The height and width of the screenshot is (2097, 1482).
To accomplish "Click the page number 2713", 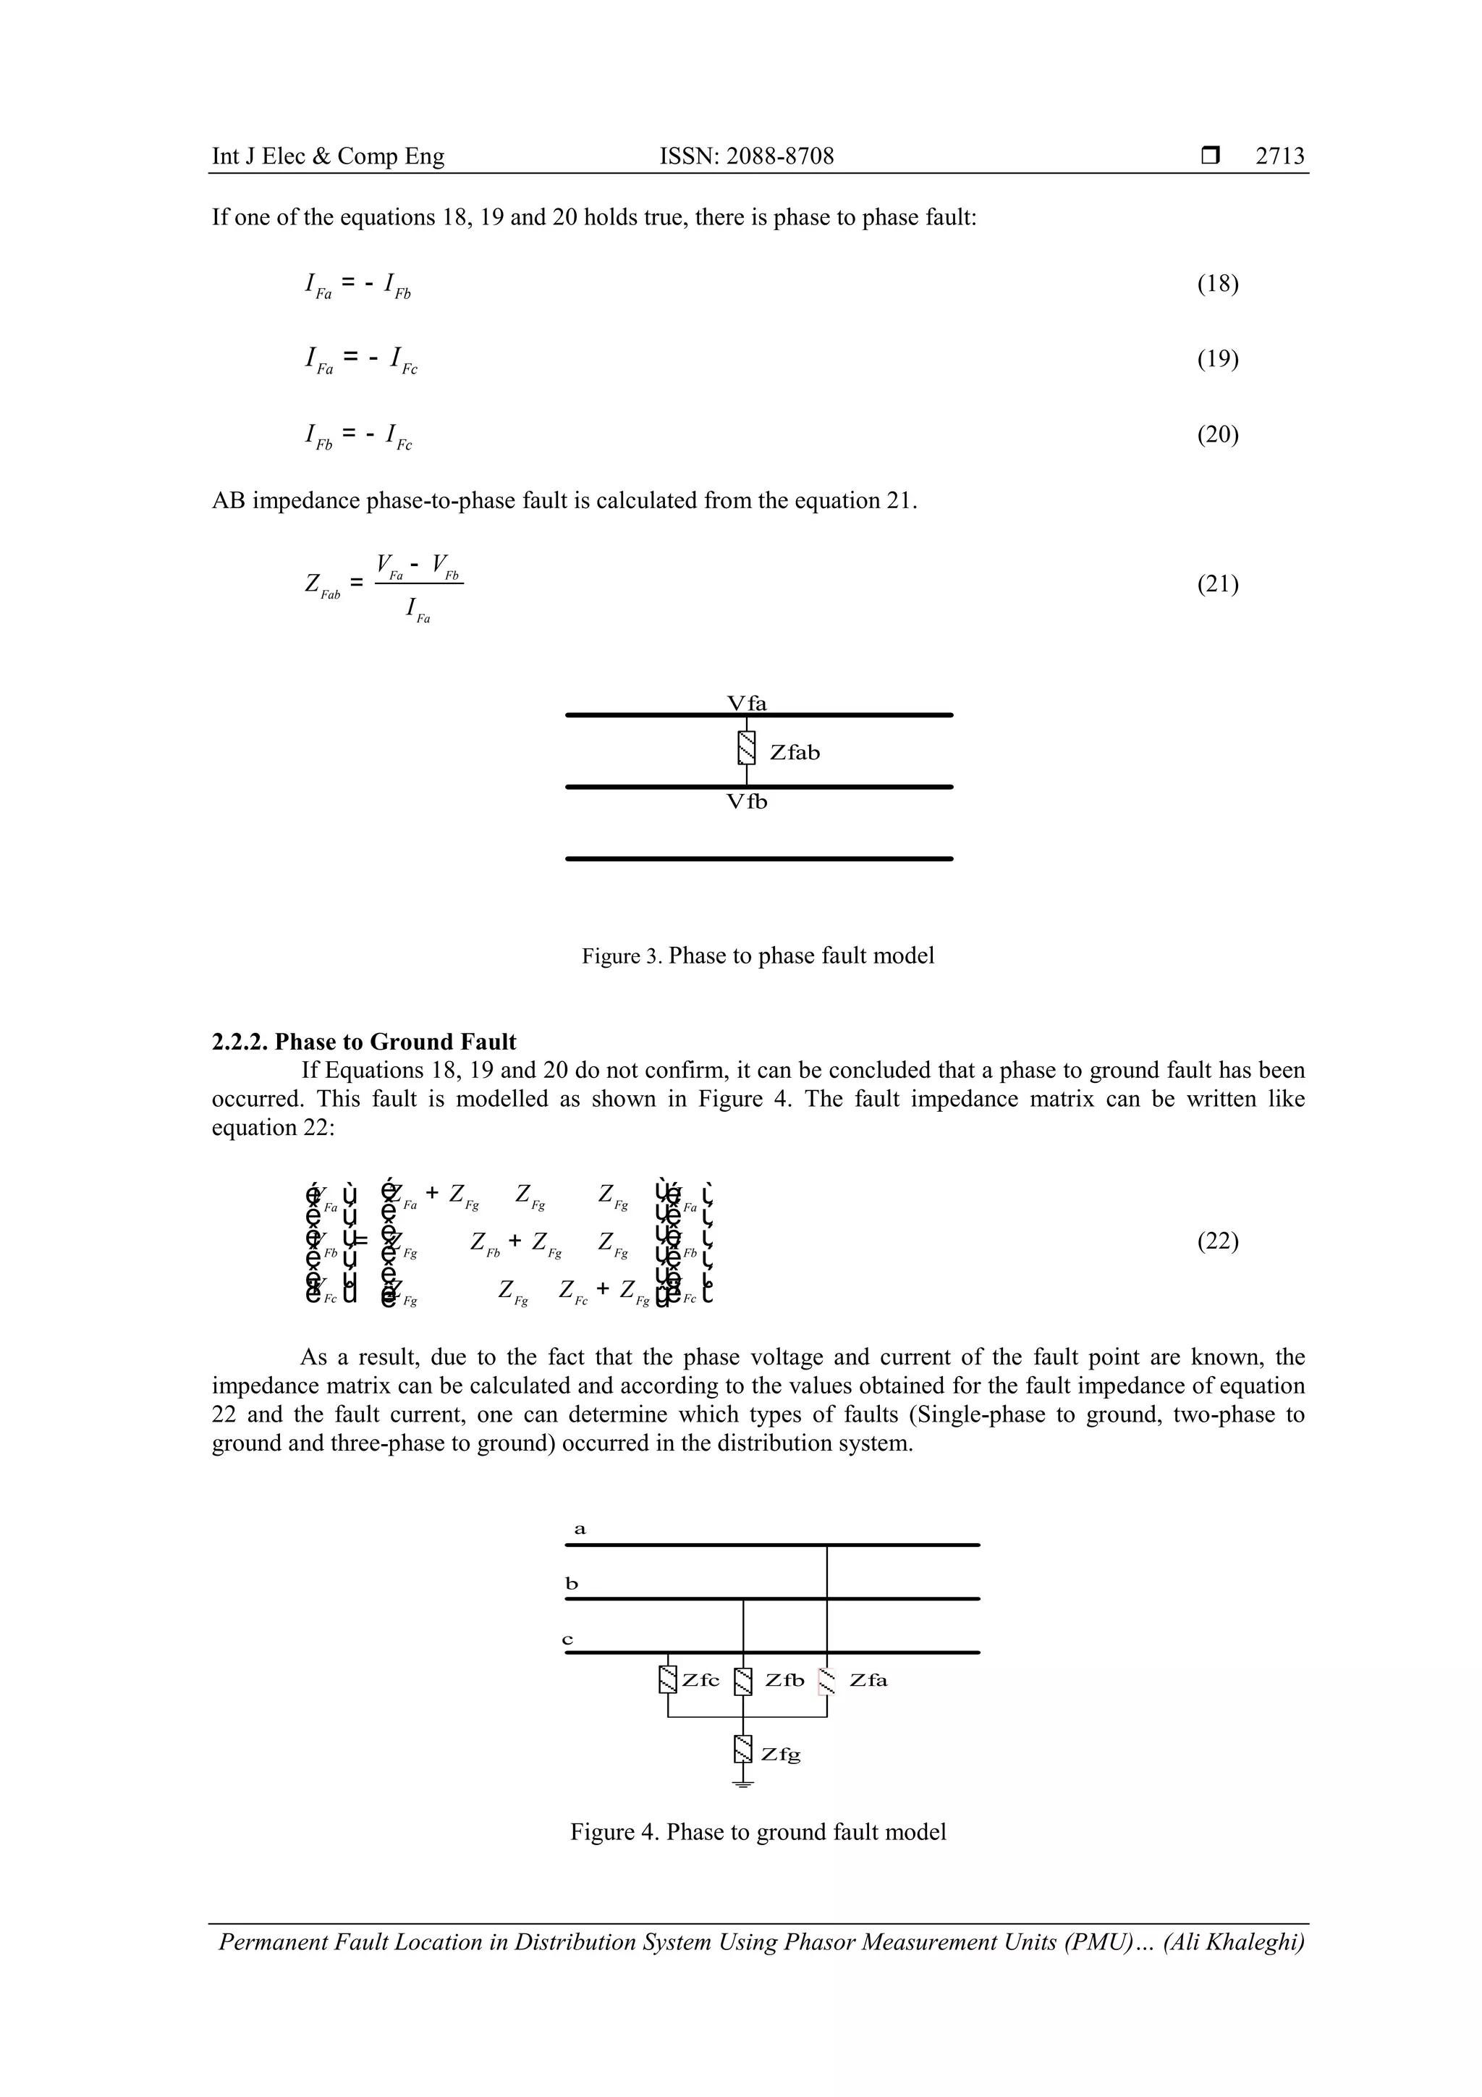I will click(x=1279, y=156).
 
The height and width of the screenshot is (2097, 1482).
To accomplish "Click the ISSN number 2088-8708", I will click(x=746, y=156).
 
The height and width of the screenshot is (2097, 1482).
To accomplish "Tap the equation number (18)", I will click(x=1217, y=284).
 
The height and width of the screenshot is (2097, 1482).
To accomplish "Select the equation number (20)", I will click(x=1217, y=435).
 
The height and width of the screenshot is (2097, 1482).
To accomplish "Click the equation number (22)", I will click(x=1217, y=1241).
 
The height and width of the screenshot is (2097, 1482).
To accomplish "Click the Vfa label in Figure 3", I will click(x=746, y=704).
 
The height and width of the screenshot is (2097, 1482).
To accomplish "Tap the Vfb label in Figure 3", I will click(x=746, y=802).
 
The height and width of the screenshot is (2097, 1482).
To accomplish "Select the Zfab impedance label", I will click(x=795, y=753).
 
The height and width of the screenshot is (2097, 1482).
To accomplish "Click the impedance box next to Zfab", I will click(x=747, y=749).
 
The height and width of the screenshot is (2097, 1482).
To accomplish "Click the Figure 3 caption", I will click(x=758, y=956).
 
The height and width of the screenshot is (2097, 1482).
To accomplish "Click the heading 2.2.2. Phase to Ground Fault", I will click(x=363, y=1042).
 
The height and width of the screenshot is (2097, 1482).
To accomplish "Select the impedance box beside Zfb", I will click(x=744, y=1682).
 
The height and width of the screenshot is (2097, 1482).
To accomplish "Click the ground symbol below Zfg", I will click(x=743, y=1784).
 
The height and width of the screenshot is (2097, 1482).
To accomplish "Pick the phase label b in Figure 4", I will click(x=572, y=1584).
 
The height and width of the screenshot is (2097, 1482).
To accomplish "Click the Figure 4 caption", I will click(x=758, y=1832).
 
